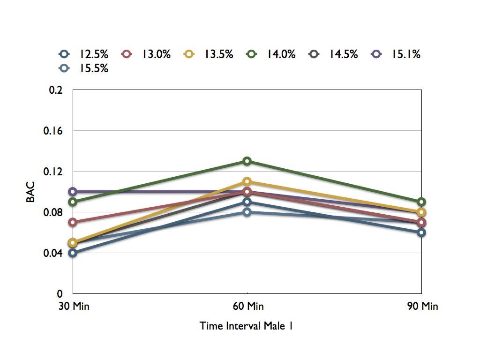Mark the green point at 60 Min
click(247, 161)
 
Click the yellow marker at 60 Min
click(247, 181)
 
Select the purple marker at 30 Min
click(73, 192)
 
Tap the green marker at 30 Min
click(73, 202)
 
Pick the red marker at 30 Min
click(73, 222)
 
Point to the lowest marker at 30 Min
click(73, 253)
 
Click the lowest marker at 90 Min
click(421, 232)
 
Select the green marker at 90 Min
click(421, 202)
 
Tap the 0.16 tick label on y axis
click(53, 131)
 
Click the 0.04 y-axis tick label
click(53, 253)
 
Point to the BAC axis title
click(30, 192)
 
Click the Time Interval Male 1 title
click(247, 326)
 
